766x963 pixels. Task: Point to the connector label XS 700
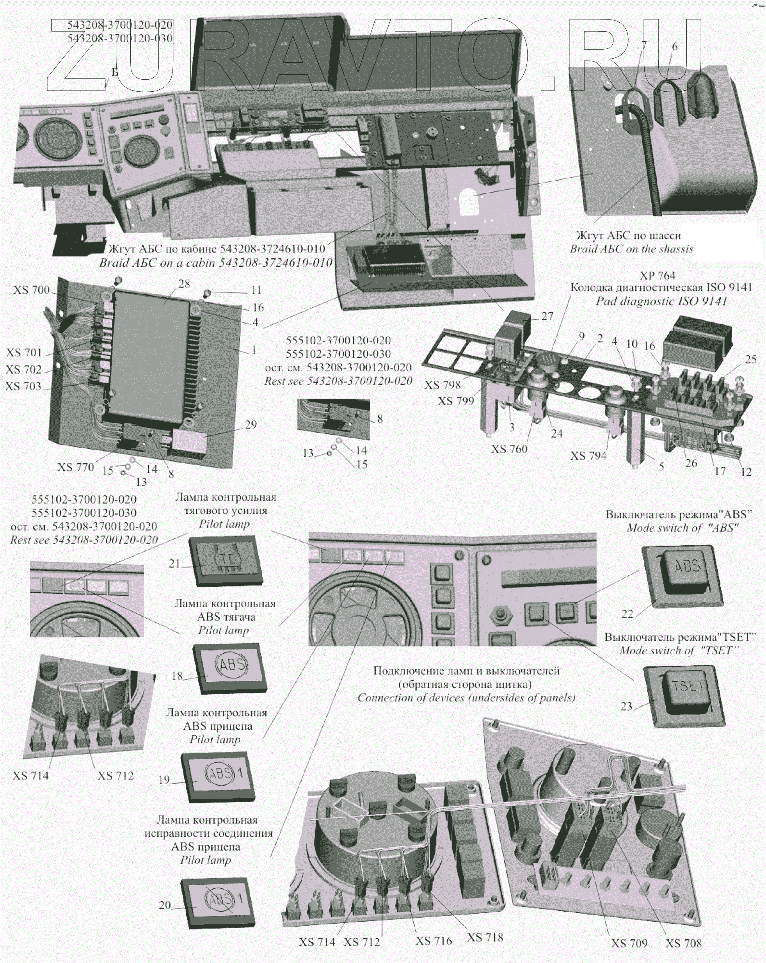point(31,290)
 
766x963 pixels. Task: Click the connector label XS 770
point(75,467)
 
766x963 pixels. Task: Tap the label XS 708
point(683,943)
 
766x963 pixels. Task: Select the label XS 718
point(485,937)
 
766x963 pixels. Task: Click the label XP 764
point(658,276)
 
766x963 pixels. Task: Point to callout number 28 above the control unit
point(184,284)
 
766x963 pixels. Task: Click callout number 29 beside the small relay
point(251,424)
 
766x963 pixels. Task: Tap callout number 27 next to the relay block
point(547,316)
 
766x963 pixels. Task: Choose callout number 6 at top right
point(674,46)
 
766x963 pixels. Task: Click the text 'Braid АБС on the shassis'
point(631,249)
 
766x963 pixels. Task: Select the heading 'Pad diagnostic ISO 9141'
point(661,301)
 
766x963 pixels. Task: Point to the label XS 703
point(23,386)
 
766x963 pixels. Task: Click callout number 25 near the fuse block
point(750,359)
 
